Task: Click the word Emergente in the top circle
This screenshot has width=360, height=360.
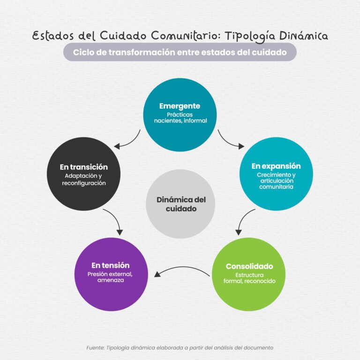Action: pos(180,106)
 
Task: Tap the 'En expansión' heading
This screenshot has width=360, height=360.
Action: pos(276,166)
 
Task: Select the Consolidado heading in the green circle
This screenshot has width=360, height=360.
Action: pos(249,266)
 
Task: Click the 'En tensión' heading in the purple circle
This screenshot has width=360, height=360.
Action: pos(111,265)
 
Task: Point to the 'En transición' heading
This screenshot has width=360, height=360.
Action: pos(84,167)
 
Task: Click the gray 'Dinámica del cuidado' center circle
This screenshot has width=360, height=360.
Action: pos(180,204)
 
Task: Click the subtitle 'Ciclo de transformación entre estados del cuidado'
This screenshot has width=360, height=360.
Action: pos(180,52)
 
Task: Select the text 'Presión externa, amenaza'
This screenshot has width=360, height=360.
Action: pos(110,277)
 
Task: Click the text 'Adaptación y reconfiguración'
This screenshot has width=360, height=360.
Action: pos(83,180)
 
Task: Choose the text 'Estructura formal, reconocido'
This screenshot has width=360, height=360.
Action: pos(249,278)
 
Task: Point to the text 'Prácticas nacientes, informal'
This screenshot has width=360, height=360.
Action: pos(180,118)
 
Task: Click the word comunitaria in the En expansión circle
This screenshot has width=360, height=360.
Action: pos(276,187)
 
